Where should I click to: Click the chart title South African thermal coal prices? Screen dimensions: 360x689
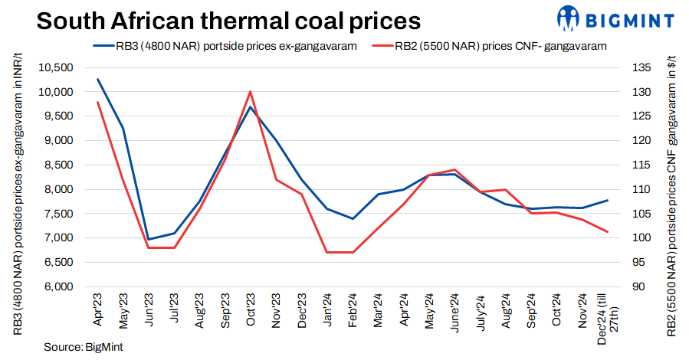click(216, 21)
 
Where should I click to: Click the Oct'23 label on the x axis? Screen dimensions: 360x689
click(251, 310)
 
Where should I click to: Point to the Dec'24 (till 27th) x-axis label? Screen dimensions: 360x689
click(608, 314)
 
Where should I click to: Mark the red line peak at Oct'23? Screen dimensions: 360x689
click(250, 92)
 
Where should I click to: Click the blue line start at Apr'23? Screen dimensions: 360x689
click(97, 80)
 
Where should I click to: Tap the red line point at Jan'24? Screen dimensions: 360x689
click(327, 252)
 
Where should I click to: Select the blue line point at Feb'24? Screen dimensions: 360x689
click(353, 219)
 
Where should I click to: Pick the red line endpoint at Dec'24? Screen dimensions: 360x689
click(608, 231)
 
